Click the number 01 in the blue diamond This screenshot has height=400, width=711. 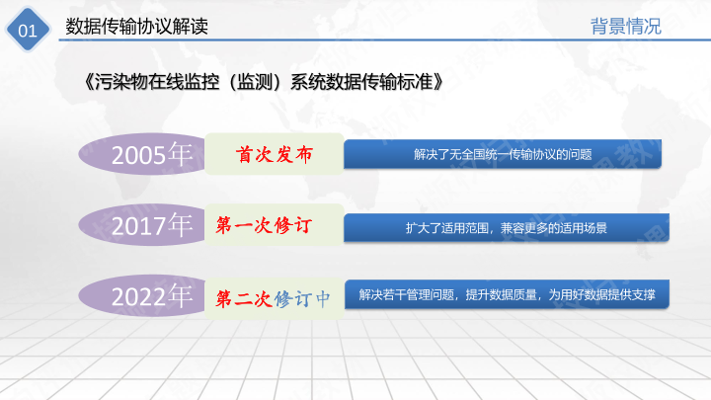(28, 31)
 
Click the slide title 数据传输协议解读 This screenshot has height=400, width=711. (136, 27)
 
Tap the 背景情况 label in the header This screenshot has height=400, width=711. (626, 27)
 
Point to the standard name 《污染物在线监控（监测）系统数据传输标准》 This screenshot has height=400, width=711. (263, 82)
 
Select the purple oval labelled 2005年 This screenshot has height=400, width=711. (142, 154)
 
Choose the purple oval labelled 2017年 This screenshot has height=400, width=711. (142, 224)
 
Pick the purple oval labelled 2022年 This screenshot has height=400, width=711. (142, 295)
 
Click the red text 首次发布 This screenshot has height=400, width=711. (275, 155)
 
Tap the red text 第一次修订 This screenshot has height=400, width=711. (264, 225)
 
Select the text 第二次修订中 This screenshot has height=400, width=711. (273, 299)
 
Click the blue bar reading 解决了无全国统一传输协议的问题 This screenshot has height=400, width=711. (503, 154)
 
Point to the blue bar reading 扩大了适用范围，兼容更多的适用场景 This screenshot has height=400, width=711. (507, 228)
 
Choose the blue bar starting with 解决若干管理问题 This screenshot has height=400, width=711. (507, 294)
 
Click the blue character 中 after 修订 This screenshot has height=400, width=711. (323, 299)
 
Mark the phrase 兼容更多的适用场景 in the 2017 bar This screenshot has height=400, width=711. (554, 228)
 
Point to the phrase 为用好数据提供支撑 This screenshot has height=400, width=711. (602, 294)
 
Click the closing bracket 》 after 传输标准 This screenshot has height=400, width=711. (438, 82)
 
